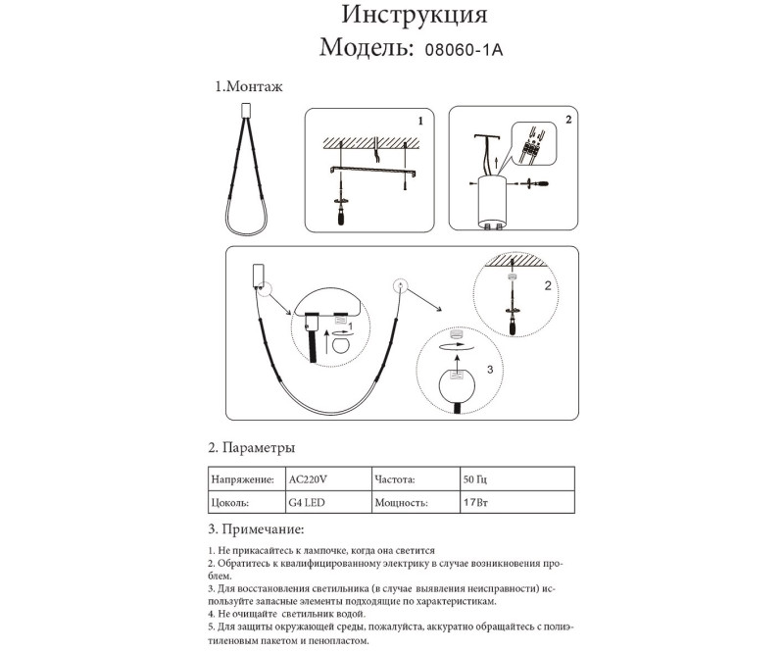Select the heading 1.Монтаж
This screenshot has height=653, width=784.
[249, 87]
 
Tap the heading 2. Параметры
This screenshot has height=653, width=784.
[252, 447]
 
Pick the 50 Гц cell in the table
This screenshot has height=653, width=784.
[474, 479]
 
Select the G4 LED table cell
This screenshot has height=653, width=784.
[307, 503]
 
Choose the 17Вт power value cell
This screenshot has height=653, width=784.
[475, 503]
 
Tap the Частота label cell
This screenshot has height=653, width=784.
[395, 479]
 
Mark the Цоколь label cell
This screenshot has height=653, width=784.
[232, 503]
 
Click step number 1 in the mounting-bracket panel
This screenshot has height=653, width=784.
[419, 122]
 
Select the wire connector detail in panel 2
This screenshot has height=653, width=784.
[534, 147]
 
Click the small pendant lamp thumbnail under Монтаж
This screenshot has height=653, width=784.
[246, 167]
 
